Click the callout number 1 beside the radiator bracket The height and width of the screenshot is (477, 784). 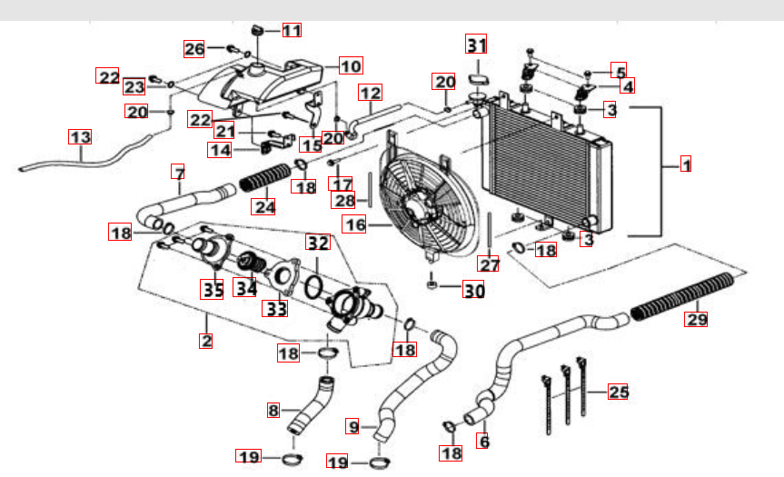[687, 165]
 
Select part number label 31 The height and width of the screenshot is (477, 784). [477, 45]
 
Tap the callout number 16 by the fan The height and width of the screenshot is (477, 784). [354, 223]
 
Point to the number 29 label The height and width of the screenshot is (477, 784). [696, 319]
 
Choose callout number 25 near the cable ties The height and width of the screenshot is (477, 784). [618, 393]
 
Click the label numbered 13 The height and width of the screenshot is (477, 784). [80, 137]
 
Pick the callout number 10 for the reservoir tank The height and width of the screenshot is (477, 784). [351, 65]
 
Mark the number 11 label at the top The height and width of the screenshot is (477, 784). [291, 30]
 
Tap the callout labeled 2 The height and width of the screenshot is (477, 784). [206, 342]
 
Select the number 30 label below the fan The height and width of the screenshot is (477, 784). [473, 291]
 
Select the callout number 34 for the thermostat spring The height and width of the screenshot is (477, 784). [246, 288]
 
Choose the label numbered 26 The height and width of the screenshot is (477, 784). [195, 48]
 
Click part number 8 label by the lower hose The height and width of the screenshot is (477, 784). [273, 410]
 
